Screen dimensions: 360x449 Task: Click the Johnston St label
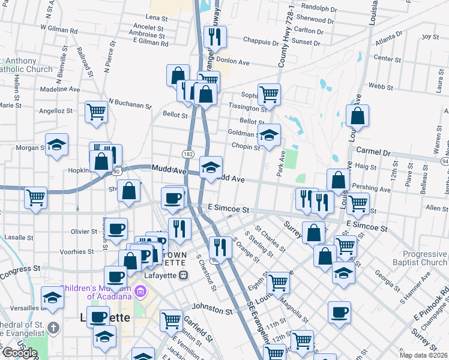(x=212, y=311)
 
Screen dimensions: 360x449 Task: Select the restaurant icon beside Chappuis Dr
(x=213, y=37)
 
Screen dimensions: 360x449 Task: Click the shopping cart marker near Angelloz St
(x=96, y=112)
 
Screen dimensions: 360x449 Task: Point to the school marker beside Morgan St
(x=56, y=145)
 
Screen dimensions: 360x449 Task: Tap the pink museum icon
(x=141, y=292)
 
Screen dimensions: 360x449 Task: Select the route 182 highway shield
(x=188, y=154)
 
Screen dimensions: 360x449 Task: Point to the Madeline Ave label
(x=59, y=89)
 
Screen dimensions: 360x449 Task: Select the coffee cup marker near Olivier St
(x=116, y=229)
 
